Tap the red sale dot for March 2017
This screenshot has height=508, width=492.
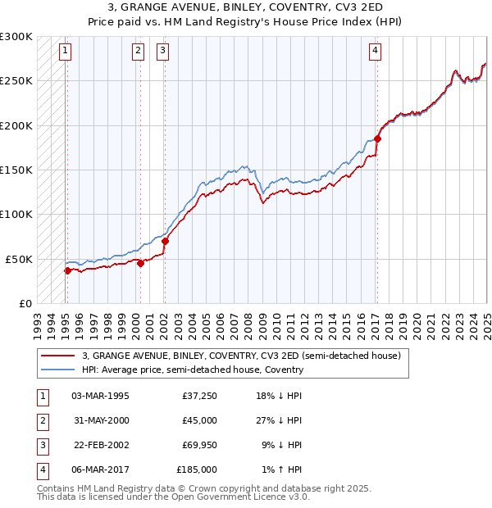click(378, 138)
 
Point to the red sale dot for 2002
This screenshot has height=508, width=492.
click(165, 241)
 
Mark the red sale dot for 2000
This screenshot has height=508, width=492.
click(140, 263)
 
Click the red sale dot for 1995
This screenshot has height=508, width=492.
click(67, 270)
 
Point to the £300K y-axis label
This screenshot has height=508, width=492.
click(16, 37)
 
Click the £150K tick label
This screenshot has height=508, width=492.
click(16, 170)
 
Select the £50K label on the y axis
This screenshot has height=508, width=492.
click(20, 259)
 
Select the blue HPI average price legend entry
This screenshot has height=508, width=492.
click(192, 370)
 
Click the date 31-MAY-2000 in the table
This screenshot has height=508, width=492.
click(100, 420)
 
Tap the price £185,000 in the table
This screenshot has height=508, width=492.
click(197, 469)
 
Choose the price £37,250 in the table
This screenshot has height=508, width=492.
click(199, 396)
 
